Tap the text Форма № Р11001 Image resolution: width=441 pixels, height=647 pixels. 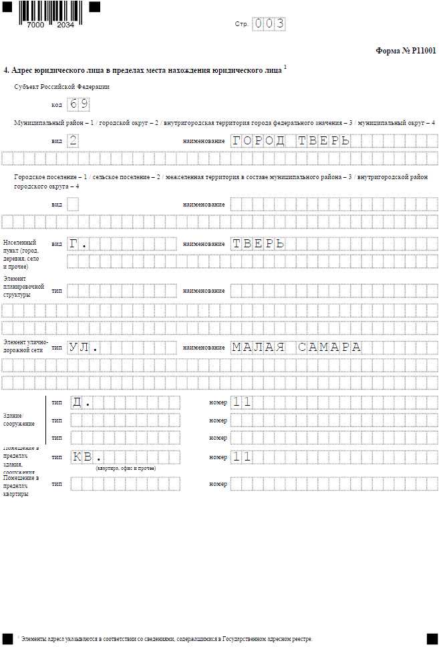(406, 50)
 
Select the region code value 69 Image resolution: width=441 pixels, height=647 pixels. (79, 104)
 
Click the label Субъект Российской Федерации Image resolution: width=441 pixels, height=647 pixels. (62, 87)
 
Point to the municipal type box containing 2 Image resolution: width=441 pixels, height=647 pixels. (73, 141)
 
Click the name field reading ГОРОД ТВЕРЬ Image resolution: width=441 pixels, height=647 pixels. (291, 141)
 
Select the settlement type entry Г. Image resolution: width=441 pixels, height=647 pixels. (78, 244)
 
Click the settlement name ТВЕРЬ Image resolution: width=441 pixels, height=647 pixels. (259, 244)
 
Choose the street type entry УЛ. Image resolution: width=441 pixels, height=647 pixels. (84, 348)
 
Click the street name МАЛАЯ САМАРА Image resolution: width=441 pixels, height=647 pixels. (296, 348)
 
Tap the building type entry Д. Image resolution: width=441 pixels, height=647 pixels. (81, 402)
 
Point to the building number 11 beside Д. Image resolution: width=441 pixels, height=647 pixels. (242, 402)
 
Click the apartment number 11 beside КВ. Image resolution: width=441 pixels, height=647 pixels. (242, 457)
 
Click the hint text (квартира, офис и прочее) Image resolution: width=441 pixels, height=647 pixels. (126, 469)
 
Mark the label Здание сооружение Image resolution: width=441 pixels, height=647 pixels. (19, 419)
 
